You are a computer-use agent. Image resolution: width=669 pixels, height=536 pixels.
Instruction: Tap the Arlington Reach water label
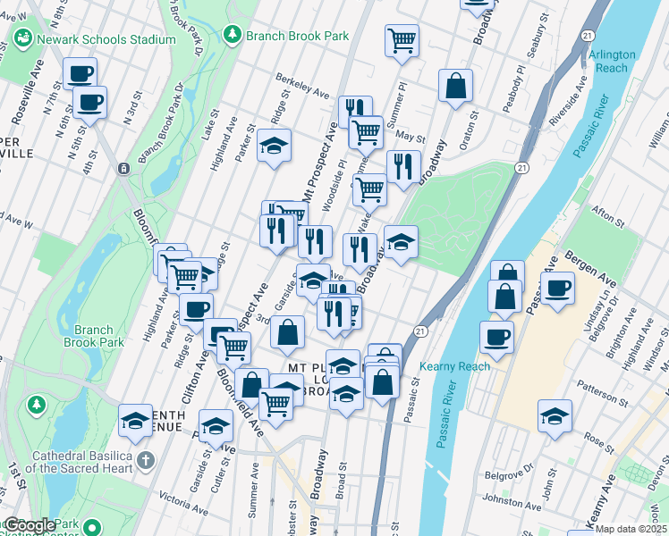613,61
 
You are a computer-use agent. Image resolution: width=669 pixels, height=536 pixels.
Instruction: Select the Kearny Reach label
454,366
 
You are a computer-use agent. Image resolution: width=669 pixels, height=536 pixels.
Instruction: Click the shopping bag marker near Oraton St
455,86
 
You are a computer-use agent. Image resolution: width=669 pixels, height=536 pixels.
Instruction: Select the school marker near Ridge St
275,146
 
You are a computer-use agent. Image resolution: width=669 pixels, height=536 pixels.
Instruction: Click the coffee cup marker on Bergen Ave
558,289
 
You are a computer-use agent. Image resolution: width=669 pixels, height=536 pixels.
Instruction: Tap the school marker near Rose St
555,415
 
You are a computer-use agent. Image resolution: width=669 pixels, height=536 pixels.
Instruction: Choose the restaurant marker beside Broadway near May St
403,166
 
